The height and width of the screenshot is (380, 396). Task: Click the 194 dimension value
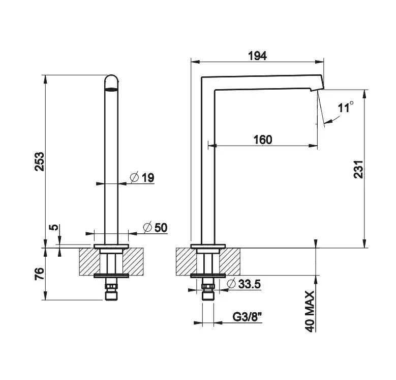point(257,56)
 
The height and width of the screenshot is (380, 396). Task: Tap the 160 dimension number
point(263,140)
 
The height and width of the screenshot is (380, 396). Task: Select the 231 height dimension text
point(358,169)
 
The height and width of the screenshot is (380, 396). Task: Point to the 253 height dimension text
point(40,161)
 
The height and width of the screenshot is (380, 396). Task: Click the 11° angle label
point(346,107)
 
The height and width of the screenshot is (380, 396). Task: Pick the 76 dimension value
point(40,274)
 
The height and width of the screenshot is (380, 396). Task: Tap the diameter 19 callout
point(142,177)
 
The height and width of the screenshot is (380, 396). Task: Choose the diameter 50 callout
point(155,228)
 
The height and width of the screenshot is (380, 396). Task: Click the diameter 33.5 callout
point(243,284)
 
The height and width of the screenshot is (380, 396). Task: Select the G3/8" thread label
point(247,317)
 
